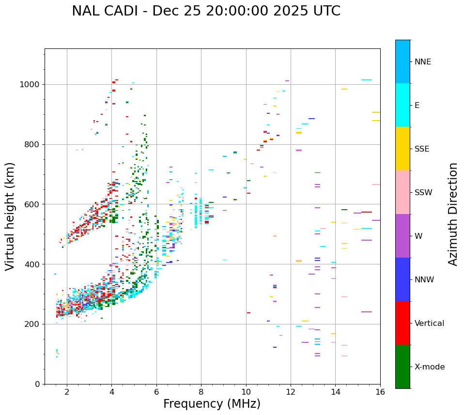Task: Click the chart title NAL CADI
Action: pos(206,11)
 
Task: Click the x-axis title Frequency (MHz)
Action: pos(212,404)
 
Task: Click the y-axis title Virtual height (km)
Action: pos(11,216)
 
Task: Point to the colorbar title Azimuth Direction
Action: pos(453,214)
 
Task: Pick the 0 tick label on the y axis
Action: pos(37,384)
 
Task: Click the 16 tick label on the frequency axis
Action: pos(380,392)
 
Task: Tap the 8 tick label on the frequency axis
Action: pos(201,392)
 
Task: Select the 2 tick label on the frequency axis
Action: pos(67,392)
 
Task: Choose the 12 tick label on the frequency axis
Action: pos(291,392)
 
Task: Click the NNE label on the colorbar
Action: pos(422,62)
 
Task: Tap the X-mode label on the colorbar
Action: pos(430,367)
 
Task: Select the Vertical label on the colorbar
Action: pos(429,323)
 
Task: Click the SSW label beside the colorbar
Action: pos(423,193)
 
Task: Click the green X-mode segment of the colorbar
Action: pos(402,367)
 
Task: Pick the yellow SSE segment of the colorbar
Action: pos(402,149)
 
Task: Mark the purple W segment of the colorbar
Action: pos(402,236)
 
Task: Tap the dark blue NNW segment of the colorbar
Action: pos(402,279)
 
